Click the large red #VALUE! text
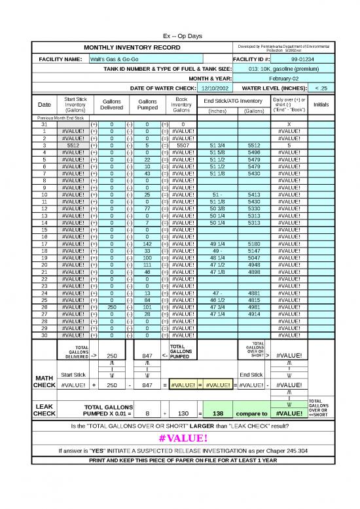tap(180, 438)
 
